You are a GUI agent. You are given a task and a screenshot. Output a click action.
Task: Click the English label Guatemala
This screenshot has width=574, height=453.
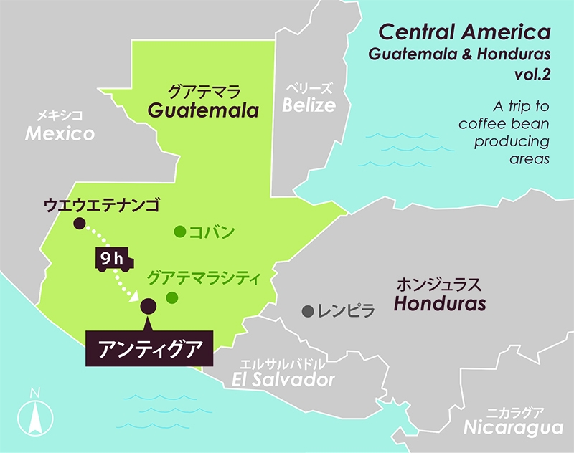(x=202, y=111)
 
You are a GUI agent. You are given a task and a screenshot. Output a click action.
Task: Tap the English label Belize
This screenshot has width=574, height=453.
(x=309, y=106)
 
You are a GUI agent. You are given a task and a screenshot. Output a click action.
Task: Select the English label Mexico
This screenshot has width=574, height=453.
(x=60, y=133)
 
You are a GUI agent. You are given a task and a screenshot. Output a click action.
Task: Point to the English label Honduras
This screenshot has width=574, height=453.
(x=440, y=303)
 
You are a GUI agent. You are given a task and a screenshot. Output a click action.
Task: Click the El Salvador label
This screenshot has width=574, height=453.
(x=284, y=380)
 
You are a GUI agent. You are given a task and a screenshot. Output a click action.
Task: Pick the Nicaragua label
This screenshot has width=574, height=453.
(x=512, y=428)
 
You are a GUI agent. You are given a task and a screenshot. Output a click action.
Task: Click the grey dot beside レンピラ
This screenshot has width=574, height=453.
(x=308, y=311)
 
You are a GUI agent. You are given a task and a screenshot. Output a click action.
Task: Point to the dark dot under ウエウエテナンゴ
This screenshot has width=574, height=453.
(x=79, y=224)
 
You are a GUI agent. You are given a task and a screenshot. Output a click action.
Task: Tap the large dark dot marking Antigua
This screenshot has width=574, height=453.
(x=149, y=306)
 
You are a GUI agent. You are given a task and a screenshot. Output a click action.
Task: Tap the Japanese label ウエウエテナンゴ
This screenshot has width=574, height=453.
(x=100, y=205)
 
